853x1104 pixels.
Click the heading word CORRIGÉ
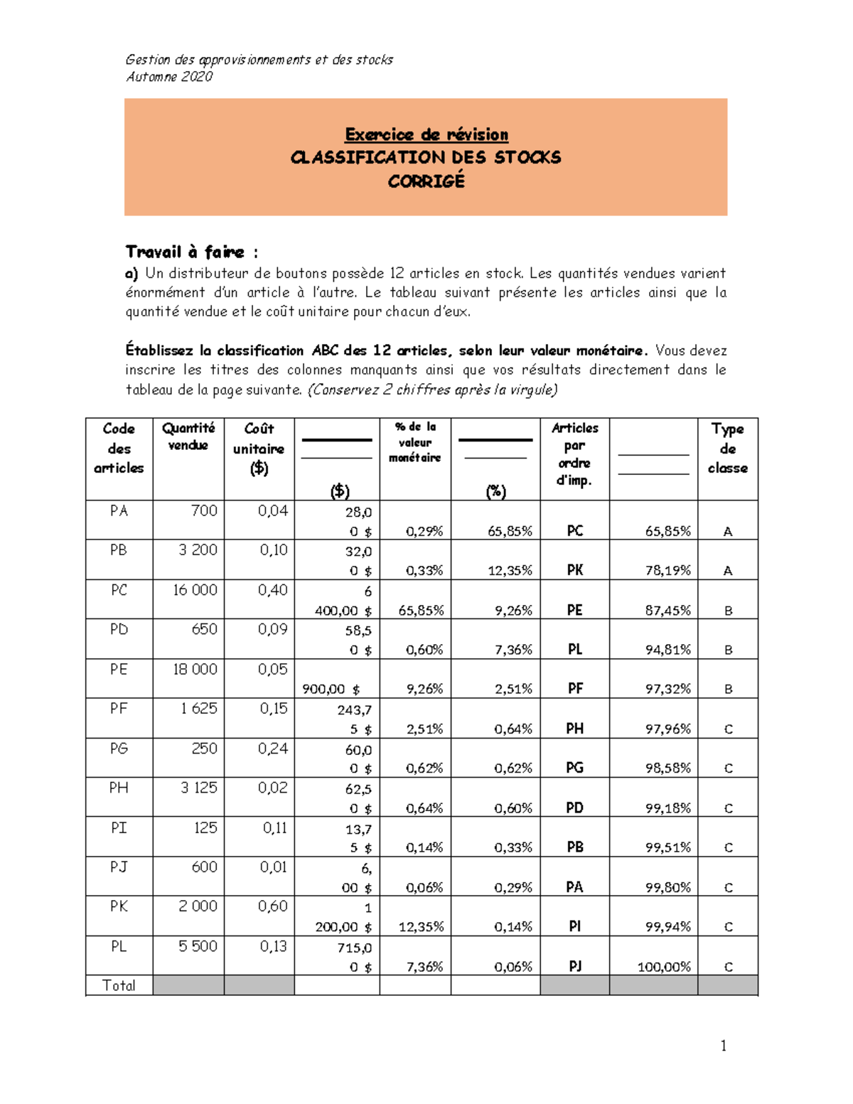tap(426, 181)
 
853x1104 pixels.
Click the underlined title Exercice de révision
tap(426, 134)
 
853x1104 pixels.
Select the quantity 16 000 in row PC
tap(195, 590)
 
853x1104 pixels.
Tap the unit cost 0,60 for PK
tap(273, 906)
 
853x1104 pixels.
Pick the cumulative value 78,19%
tap(667, 570)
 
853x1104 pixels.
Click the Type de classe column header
tap(727, 448)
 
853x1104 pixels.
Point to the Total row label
tap(119, 985)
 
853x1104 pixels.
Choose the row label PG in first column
tap(119, 749)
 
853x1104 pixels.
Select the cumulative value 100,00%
tap(664, 967)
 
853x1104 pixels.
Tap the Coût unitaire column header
tap(259, 448)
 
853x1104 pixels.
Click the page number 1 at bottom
tap(724, 1045)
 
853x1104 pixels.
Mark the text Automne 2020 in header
tap(169, 77)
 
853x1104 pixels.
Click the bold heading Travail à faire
tap(186, 252)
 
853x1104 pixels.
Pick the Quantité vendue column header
tap(188, 436)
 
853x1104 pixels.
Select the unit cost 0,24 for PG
tap(273, 749)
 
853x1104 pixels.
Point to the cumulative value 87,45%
tap(667, 610)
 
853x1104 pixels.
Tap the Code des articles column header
tap(119, 448)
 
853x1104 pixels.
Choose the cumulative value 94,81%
tap(667, 650)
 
